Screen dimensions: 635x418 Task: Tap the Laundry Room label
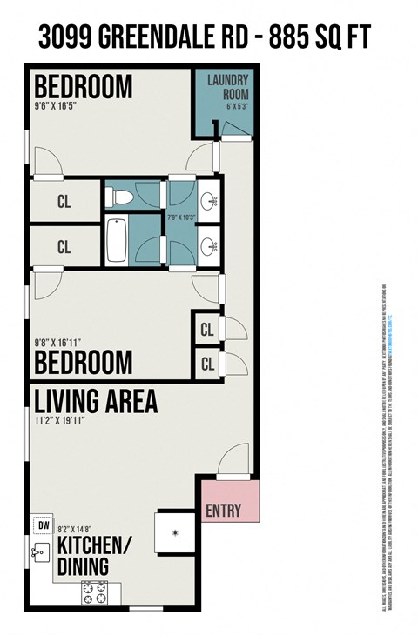click(229, 89)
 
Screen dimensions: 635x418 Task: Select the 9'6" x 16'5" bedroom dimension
click(62, 108)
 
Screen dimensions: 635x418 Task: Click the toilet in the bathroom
click(119, 196)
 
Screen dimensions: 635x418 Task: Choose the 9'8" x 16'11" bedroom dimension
click(64, 343)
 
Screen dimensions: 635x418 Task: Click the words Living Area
click(96, 402)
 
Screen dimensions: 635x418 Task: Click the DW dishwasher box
click(41, 525)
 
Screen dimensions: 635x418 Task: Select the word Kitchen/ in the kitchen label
click(94, 547)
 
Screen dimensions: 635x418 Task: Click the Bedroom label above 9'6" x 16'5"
click(83, 87)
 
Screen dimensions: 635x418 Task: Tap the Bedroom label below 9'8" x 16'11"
click(83, 362)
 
